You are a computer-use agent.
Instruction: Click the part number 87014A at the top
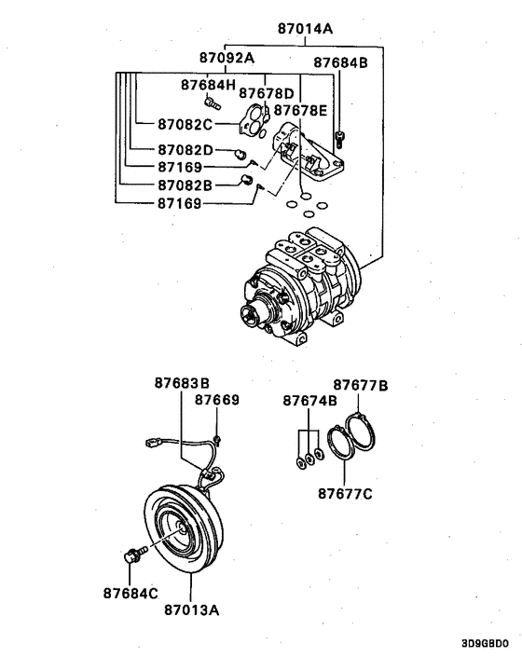pyautogui.click(x=305, y=28)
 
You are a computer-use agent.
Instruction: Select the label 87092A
pyautogui.click(x=227, y=58)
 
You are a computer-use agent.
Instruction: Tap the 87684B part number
pyautogui.click(x=340, y=64)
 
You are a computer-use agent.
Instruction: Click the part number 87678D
pyautogui.click(x=267, y=93)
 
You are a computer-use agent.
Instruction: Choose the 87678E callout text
pyautogui.click(x=300, y=110)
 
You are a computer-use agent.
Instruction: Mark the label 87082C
pyautogui.click(x=185, y=124)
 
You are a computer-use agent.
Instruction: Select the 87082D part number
pyautogui.click(x=185, y=150)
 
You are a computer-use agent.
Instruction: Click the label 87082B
pyautogui.click(x=185, y=185)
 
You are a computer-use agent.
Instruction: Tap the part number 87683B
pyautogui.click(x=182, y=383)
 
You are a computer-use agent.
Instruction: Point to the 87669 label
pyautogui.click(x=217, y=400)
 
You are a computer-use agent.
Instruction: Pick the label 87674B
pyautogui.click(x=310, y=401)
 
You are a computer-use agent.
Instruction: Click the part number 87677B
pyautogui.click(x=361, y=384)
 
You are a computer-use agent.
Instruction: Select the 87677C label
pyautogui.click(x=343, y=493)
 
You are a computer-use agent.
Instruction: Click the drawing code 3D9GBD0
pyautogui.click(x=485, y=644)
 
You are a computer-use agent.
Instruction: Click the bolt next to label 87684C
pyautogui.click(x=132, y=556)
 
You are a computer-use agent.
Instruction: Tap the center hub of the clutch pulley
pyautogui.click(x=174, y=533)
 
